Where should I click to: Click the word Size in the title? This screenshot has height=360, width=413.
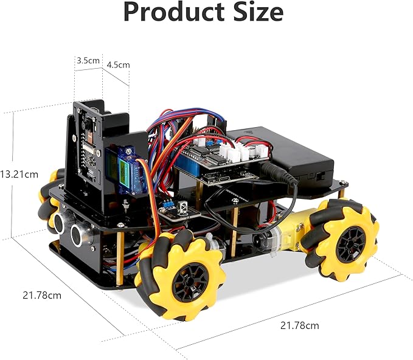(257, 13)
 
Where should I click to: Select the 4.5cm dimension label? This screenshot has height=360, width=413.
(118, 64)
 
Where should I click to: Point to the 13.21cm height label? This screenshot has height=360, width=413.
(18, 174)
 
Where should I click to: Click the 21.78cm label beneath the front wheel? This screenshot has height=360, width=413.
(299, 325)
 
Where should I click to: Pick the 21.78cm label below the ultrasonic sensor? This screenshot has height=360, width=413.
(42, 296)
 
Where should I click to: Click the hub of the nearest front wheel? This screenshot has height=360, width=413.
(184, 282)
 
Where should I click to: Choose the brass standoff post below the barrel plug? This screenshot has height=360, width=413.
(234, 232)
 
